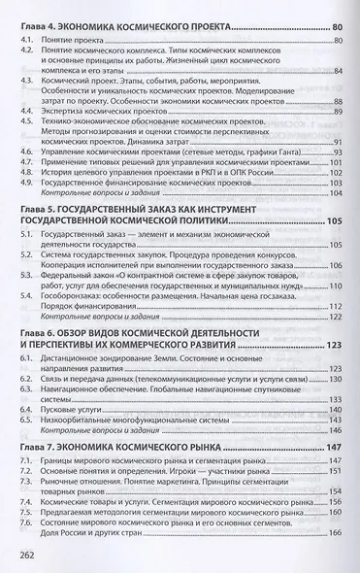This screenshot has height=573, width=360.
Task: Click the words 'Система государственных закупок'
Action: [111, 267]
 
